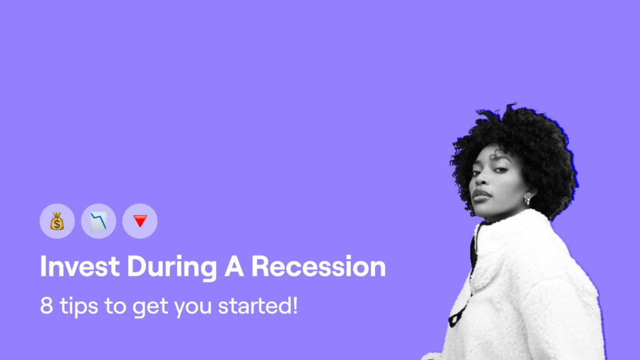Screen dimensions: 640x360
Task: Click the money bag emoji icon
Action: (57, 221)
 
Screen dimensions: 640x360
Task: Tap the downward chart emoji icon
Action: (98, 221)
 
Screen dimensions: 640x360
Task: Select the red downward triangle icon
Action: (140, 221)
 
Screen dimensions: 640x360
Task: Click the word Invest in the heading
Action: (80, 266)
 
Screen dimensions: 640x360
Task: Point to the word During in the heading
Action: (172, 267)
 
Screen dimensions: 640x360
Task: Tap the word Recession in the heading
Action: (318, 266)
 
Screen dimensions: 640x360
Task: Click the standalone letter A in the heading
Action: (234, 266)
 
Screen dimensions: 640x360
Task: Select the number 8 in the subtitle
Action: (46, 305)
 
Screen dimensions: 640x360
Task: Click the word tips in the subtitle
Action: (79, 306)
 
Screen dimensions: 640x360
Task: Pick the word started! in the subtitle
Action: (258, 306)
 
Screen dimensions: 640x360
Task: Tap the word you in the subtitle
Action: (193, 307)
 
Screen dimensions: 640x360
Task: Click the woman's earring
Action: (527, 199)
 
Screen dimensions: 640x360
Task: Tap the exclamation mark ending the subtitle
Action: (295, 305)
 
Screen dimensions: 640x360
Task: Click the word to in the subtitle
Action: (116, 306)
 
